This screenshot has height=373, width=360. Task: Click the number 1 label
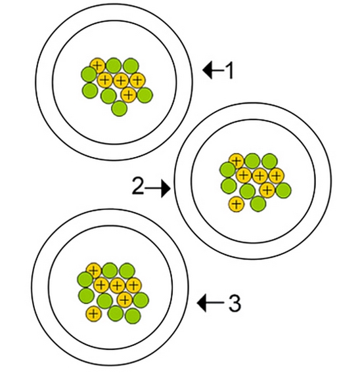(229, 71)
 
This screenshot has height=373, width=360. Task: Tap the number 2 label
(138, 186)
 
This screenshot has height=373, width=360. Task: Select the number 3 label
(235, 303)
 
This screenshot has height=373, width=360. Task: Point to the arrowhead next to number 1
(207, 70)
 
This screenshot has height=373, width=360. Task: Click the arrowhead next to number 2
(166, 188)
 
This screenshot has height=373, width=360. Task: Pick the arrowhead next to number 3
(202, 303)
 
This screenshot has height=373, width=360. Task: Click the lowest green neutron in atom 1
(120, 109)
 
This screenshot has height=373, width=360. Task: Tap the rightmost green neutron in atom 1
(145, 95)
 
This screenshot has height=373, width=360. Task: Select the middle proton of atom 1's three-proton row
(121, 81)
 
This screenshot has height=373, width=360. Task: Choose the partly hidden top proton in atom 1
(97, 64)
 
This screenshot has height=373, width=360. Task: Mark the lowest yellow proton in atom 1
(129, 95)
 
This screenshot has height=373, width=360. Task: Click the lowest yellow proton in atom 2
(236, 204)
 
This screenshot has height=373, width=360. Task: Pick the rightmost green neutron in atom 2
(283, 190)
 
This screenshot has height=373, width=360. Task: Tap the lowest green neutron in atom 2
(258, 204)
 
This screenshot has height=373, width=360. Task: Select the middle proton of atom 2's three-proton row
(260, 176)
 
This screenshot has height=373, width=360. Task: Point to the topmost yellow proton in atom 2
(236, 160)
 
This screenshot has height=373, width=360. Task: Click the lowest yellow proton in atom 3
(94, 314)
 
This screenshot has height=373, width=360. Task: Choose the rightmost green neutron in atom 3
(141, 300)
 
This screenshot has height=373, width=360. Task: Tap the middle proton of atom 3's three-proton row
(117, 285)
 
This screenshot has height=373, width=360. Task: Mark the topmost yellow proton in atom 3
(94, 270)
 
